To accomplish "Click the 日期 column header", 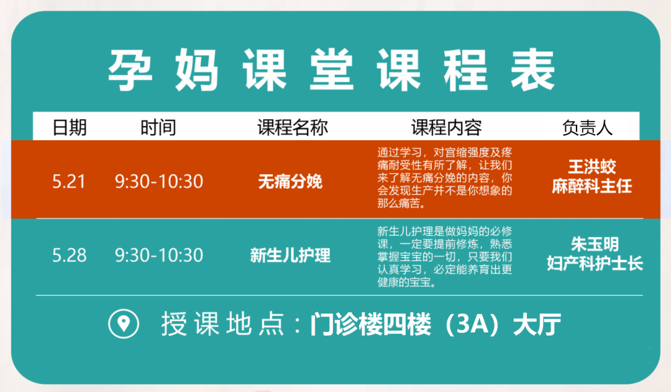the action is pyautogui.click(x=70, y=127).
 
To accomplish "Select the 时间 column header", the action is pyautogui.click(x=158, y=127).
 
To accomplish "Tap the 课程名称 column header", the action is pyautogui.click(x=293, y=127).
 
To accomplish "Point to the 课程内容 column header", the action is pyautogui.click(x=446, y=127).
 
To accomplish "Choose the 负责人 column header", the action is pyautogui.click(x=587, y=127).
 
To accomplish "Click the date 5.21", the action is pyautogui.click(x=69, y=182).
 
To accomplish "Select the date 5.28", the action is pyautogui.click(x=70, y=256).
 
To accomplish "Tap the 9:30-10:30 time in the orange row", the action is pyautogui.click(x=159, y=182).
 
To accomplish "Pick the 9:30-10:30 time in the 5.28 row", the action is pyautogui.click(x=159, y=256).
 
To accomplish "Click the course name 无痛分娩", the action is pyautogui.click(x=290, y=182).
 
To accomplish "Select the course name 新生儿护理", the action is pyautogui.click(x=290, y=256).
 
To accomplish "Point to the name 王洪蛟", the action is pyautogui.click(x=592, y=166).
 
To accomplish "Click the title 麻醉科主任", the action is pyautogui.click(x=592, y=186).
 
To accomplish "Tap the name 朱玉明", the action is pyautogui.click(x=595, y=244).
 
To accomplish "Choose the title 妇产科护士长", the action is pyautogui.click(x=595, y=264).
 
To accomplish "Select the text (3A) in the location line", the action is pyautogui.click(x=472, y=324).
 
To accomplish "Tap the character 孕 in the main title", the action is pyautogui.click(x=130, y=69).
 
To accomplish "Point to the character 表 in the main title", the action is pyautogui.click(x=533, y=69).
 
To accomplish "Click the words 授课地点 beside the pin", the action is pyautogui.click(x=222, y=324).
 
